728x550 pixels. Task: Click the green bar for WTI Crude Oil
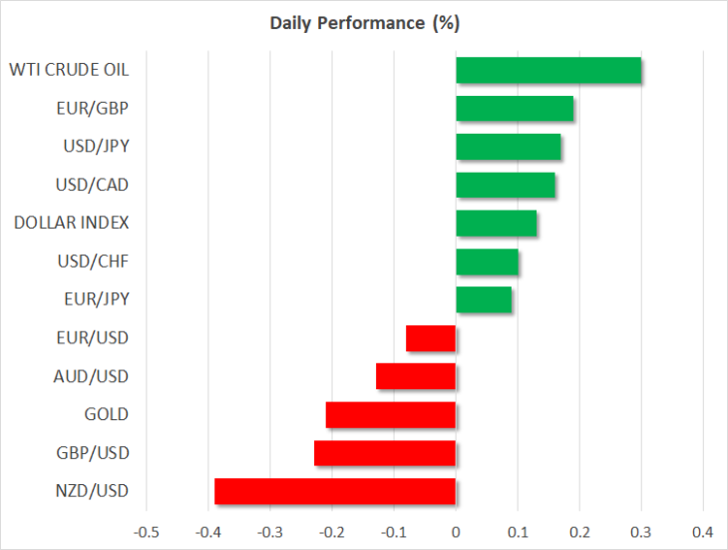548,70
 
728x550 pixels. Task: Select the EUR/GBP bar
515,108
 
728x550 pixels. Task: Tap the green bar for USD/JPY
509,147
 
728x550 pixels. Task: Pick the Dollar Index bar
497,223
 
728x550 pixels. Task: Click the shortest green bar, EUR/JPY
484,299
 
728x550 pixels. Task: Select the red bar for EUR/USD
431,338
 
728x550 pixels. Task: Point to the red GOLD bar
391,415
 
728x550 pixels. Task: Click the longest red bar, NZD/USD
335,491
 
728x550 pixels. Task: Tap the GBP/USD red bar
385,453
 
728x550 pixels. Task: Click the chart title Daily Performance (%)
365,23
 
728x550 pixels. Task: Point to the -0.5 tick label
147,532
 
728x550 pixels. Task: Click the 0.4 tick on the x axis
703,532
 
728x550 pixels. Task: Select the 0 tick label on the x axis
456,532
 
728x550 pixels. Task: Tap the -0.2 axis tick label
332,532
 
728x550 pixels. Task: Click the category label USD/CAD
92,185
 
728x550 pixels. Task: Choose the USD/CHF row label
93,262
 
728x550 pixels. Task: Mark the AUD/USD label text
91,376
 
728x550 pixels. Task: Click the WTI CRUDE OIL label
69,70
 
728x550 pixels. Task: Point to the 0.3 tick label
641,532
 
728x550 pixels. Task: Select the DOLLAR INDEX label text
72,223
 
